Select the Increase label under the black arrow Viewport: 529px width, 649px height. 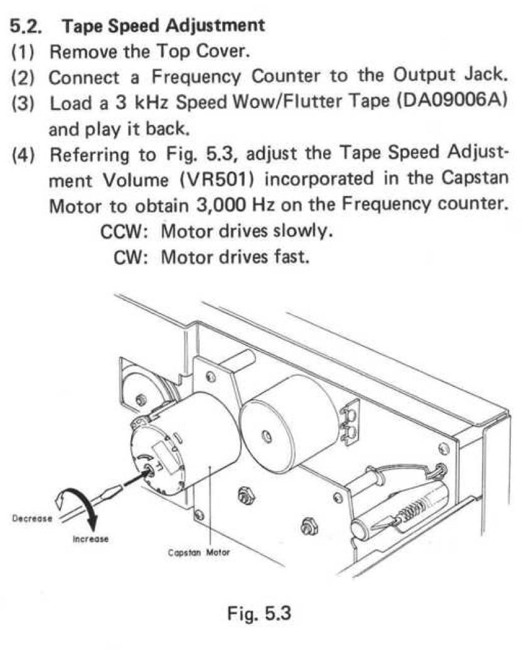(x=90, y=538)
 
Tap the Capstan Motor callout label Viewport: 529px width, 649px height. (x=199, y=553)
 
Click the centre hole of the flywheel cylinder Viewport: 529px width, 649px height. (x=267, y=434)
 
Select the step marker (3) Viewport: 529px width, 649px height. (x=25, y=104)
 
